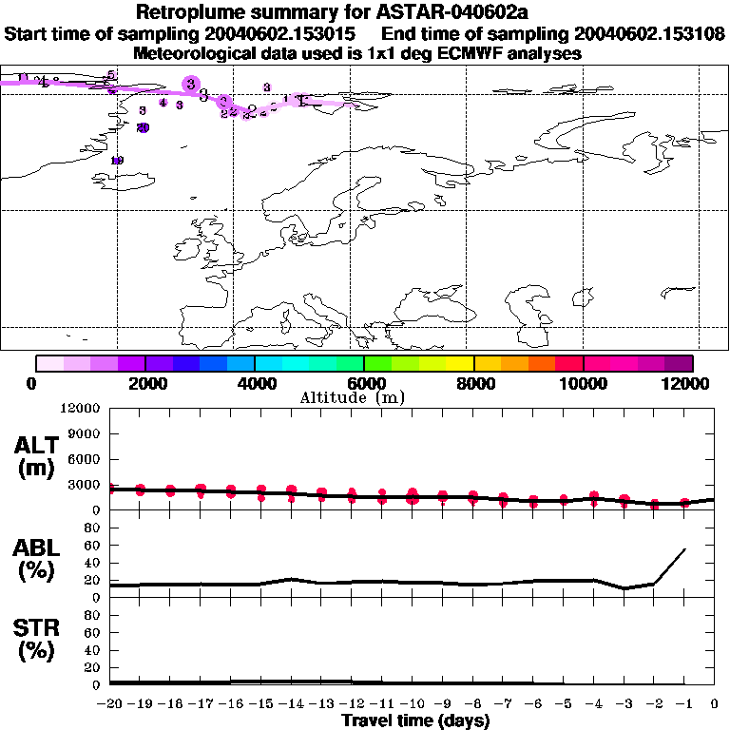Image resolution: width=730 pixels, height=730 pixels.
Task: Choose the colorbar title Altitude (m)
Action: tap(352, 397)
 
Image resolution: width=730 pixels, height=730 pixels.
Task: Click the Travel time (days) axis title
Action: tap(415, 721)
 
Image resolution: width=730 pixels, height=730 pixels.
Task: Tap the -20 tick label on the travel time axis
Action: tap(110, 704)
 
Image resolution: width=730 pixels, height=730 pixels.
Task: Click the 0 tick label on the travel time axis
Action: tap(715, 704)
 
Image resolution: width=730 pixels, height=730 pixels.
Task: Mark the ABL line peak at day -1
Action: tap(684, 548)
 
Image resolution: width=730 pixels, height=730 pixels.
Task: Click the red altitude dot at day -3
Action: tap(624, 500)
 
